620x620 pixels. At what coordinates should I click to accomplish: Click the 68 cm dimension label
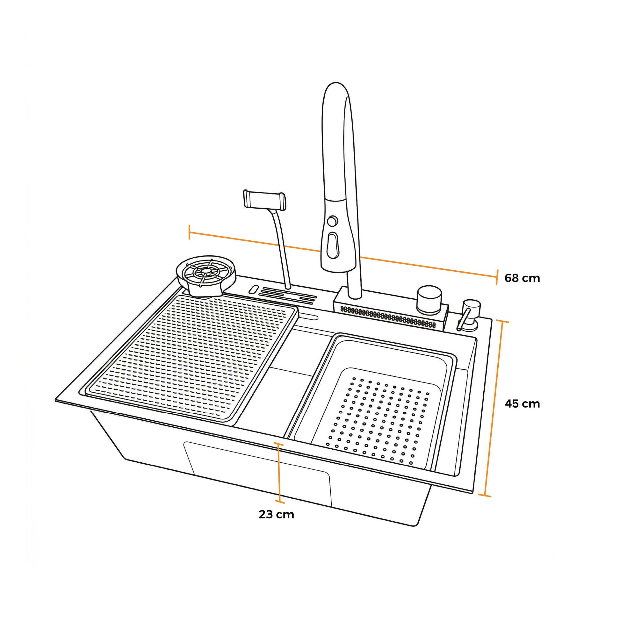click(x=522, y=278)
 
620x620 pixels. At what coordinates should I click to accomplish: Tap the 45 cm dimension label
click(x=522, y=403)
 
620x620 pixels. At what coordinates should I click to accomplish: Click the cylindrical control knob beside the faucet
click(x=429, y=300)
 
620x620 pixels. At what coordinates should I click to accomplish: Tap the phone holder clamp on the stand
click(x=264, y=200)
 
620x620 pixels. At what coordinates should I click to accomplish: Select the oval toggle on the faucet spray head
click(x=332, y=246)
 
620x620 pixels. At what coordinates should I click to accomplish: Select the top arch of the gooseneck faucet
click(x=335, y=88)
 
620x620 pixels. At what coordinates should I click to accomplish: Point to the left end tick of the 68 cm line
click(x=190, y=232)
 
